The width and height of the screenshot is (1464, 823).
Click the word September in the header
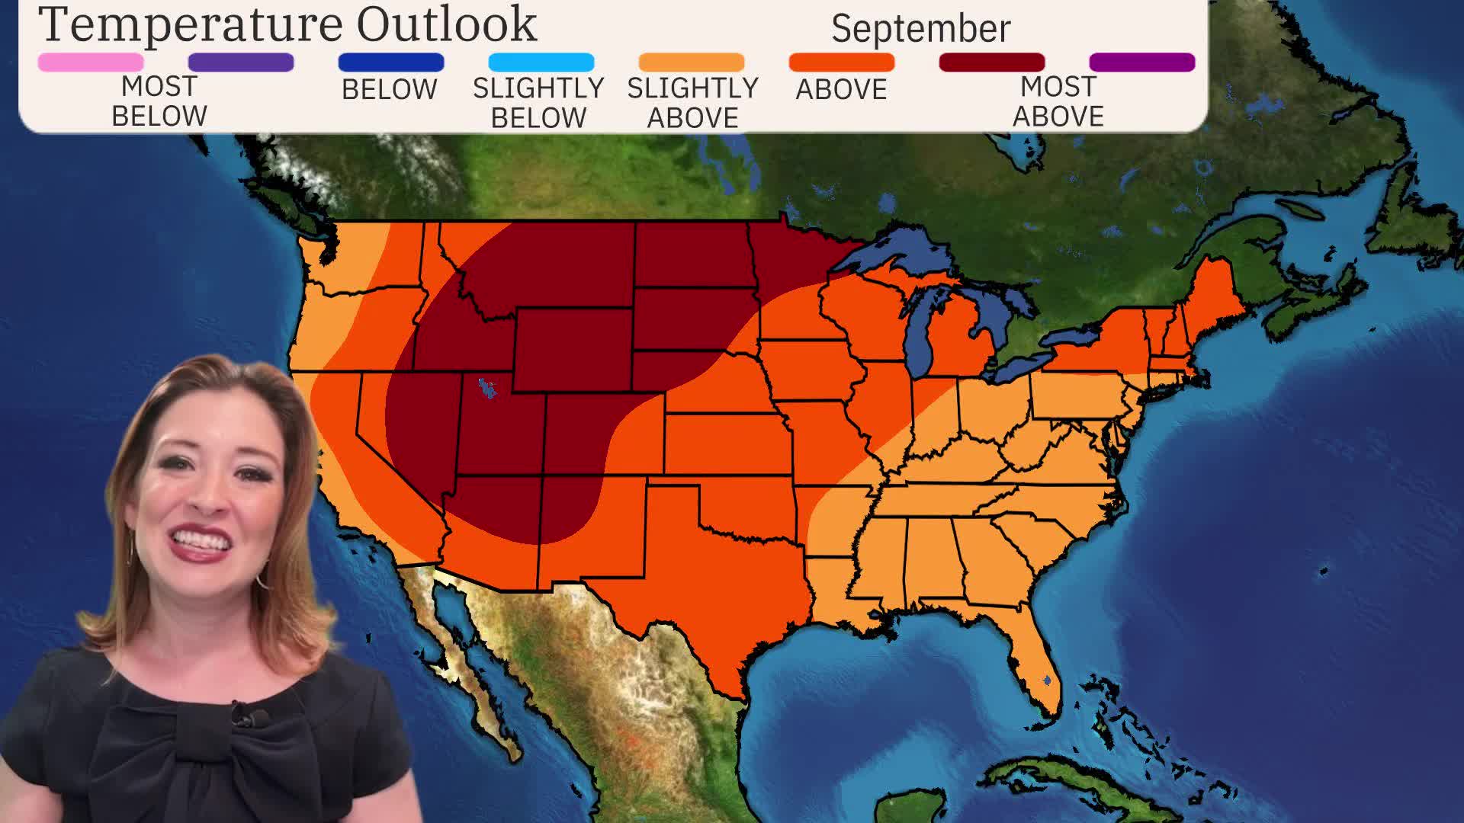click(920, 29)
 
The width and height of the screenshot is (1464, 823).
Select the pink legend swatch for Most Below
click(91, 62)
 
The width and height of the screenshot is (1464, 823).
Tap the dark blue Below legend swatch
click(390, 62)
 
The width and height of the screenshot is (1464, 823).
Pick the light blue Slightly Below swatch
click(541, 62)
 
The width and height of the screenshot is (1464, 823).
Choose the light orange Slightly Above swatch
click(691, 62)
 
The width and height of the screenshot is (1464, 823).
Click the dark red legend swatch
click(991, 62)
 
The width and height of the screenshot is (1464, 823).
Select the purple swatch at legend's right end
click(1141, 62)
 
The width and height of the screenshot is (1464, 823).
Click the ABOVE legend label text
click(841, 90)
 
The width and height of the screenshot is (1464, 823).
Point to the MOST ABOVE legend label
click(1058, 101)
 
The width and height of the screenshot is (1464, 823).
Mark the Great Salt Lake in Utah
click(486, 389)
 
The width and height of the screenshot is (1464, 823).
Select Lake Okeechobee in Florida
click(1048, 680)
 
